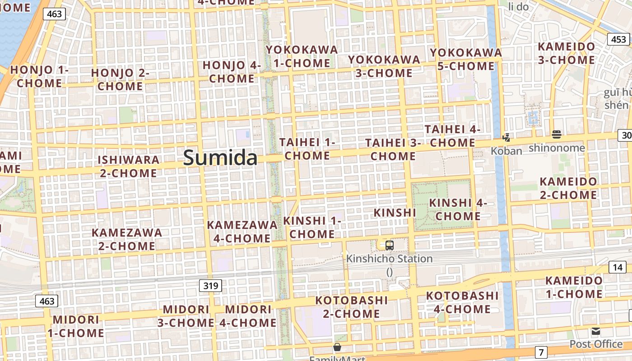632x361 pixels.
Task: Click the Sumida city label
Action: point(220,157)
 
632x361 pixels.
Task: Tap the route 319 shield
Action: point(210,285)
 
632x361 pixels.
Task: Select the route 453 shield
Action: point(618,39)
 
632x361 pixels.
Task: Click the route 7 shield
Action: point(541,352)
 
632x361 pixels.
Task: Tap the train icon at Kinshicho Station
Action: point(389,245)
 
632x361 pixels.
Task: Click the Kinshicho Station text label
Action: point(389,259)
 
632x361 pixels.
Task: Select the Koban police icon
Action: point(507,137)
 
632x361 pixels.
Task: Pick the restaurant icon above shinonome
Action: point(556,134)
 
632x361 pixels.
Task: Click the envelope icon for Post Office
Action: point(596,332)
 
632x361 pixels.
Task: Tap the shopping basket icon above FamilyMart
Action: point(337,347)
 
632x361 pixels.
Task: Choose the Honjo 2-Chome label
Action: point(120,79)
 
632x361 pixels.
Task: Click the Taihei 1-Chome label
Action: point(307,149)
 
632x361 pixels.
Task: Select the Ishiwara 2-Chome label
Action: point(129,166)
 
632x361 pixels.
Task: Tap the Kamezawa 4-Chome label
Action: point(242,231)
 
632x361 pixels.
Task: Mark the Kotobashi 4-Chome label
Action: point(462,302)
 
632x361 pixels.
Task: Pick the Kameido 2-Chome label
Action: point(568,188)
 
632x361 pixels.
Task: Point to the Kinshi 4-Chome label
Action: point(458,209)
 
